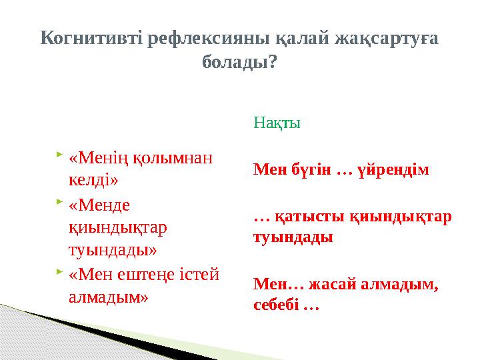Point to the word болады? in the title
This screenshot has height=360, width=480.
click(x=239, y=63)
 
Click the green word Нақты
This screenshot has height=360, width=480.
click(x=277, y=123)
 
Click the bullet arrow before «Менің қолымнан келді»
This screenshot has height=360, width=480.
click(x=60, y=155)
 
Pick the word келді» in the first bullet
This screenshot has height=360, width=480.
click(x=93, y=180)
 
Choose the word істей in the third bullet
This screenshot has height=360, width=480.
click(x=201, y=275)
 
